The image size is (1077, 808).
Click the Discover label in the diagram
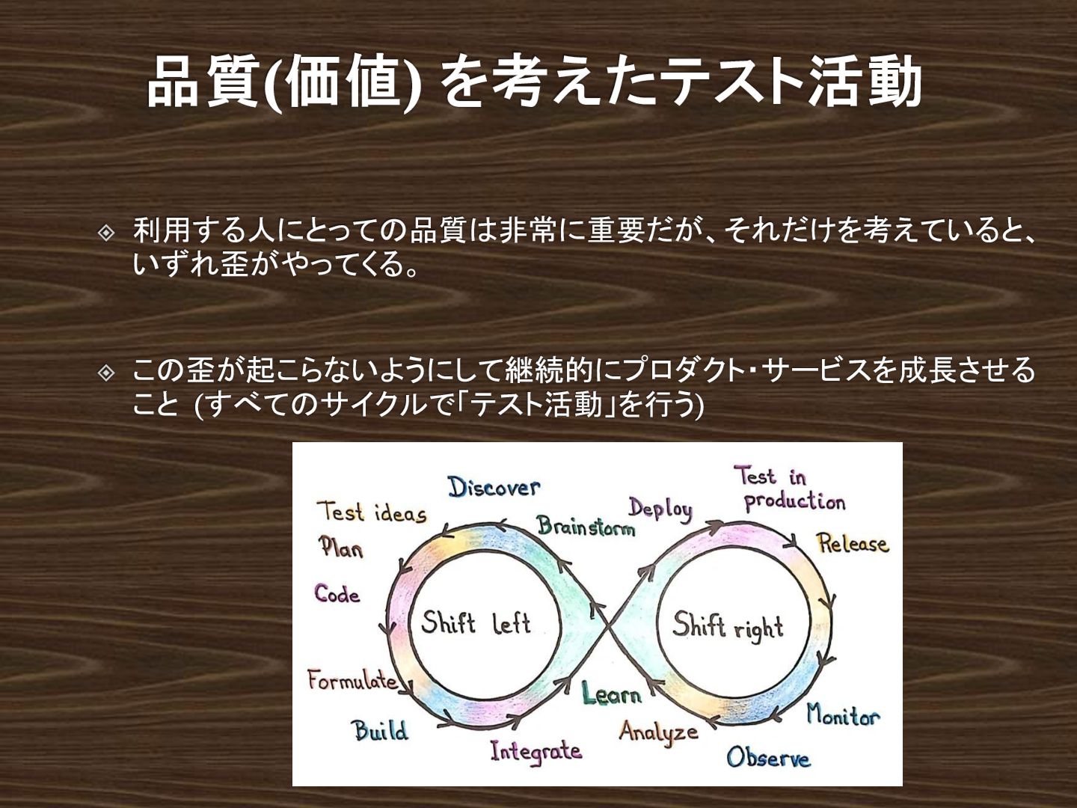point(494,487)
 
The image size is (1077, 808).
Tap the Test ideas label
point(372,513)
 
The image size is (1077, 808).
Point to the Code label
point(337,594)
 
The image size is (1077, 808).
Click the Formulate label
point(352,680)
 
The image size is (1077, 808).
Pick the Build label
point(380,729)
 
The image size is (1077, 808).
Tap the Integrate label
point(536,750)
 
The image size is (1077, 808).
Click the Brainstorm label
point(586,527)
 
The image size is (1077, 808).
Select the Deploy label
point(660,509)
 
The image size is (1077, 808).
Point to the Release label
point(852,543)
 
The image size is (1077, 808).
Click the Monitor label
point(843,716)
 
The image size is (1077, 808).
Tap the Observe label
point(768,757)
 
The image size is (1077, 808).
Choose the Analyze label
point(658,731)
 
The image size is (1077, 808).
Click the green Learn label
point(612,694)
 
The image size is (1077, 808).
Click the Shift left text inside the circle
point(476,622)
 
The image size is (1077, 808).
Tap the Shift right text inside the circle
point(727,625)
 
